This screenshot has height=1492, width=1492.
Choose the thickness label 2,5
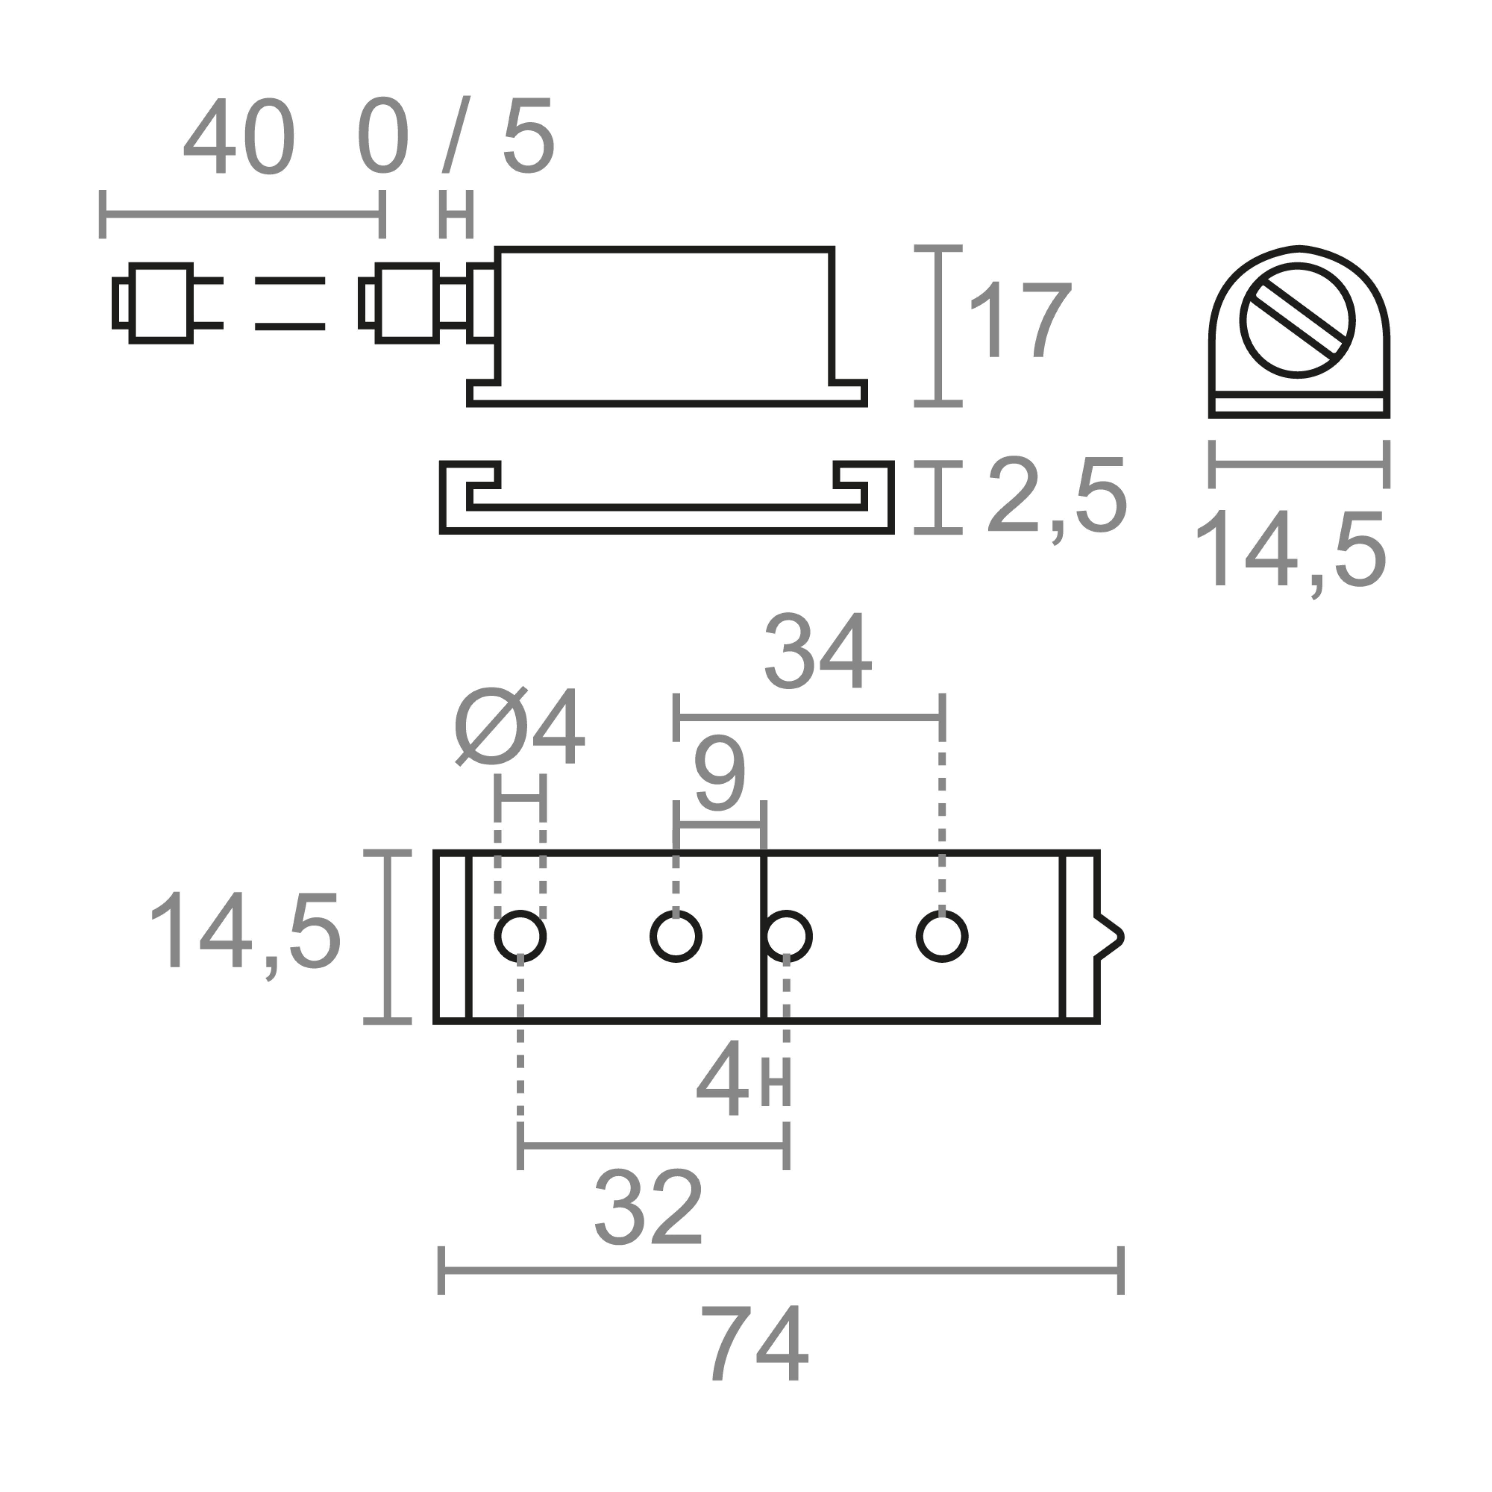coord(1056,497)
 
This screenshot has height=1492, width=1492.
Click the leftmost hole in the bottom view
coord(520,936)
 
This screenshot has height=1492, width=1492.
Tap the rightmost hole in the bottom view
coord(942,936)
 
